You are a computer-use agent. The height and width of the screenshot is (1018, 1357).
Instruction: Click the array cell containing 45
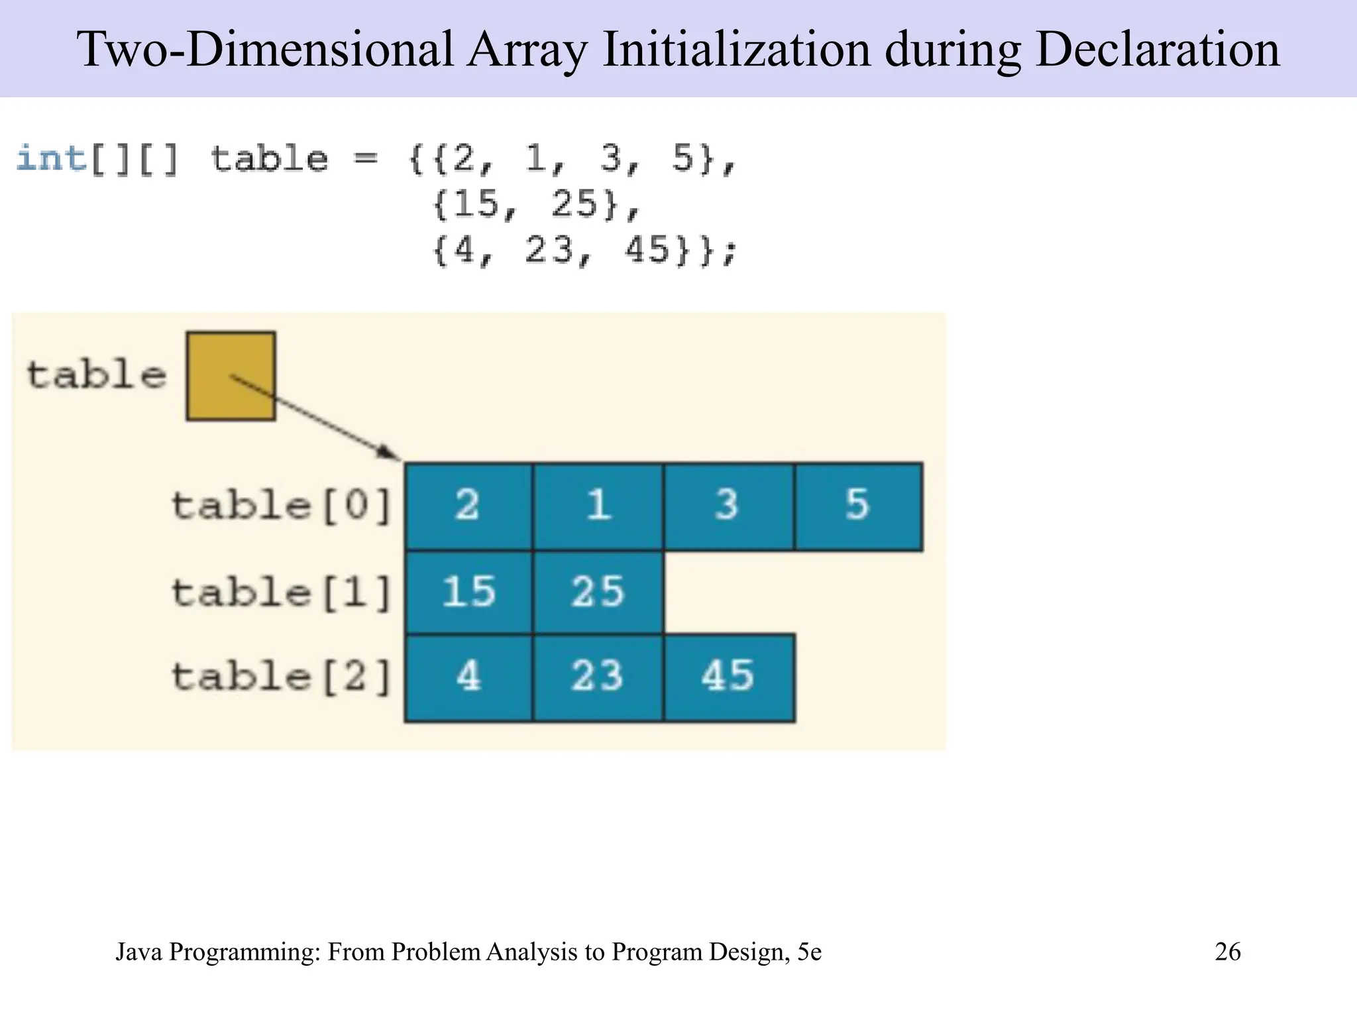pos(729,677)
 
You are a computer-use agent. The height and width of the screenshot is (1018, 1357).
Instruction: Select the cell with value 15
pos(468,592)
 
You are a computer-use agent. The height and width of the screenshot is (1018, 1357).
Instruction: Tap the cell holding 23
pos(598,677)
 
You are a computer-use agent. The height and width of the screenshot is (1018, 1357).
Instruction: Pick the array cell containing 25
pos(598,592)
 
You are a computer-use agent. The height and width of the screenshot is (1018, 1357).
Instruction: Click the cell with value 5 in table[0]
pos(858,506)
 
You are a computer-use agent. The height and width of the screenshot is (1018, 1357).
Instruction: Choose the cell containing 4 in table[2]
pos(468,677)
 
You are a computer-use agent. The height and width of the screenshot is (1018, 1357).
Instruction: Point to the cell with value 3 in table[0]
pos(728,506)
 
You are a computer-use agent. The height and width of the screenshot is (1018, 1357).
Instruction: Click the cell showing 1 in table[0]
pos(598,506)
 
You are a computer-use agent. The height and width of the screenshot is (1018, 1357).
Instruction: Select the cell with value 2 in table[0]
pos(468,506)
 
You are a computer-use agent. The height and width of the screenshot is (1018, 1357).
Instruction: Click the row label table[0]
pos(282,506)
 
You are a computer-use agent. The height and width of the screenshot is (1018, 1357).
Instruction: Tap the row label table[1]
pos(282,592)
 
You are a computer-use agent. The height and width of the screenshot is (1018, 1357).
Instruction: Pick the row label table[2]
pos(282,677)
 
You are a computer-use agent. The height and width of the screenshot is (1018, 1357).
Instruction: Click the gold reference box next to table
pos(231,376)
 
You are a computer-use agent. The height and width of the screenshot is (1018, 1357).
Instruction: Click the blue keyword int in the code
pos(51,159)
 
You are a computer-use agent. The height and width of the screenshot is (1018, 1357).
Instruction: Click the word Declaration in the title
pos(1157,50)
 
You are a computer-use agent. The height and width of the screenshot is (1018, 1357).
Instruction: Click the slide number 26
pos(1227,952)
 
